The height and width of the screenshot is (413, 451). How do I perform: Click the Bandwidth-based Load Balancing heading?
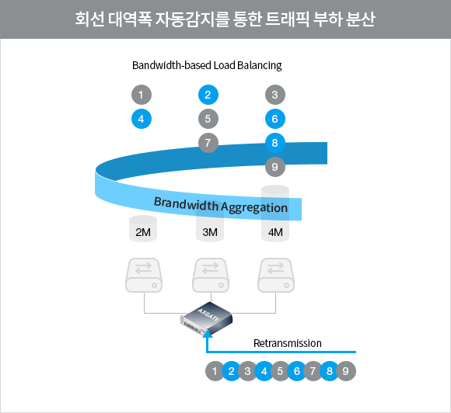click(207, 65)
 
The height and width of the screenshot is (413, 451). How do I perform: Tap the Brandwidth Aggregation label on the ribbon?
click(221, 206)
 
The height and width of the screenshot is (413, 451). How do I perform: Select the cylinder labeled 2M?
click(143, 228)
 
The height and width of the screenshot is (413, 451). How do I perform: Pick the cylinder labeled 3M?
click(210, 221)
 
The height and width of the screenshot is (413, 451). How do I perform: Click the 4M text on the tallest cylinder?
click(275, 232)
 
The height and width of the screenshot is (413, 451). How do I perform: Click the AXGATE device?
click(206, 318)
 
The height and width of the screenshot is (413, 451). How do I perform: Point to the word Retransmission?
click(288, 343)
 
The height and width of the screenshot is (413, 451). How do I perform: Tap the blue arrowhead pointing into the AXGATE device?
click(208, 334)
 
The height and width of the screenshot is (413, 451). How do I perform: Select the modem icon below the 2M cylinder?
click(144, 275)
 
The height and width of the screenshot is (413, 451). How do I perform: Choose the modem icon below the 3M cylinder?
click(211, 275)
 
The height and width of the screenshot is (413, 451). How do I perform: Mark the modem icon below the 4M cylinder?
click(276, 275)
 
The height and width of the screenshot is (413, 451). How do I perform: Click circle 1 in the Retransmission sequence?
click(215, 371)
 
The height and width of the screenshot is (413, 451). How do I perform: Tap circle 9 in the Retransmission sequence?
click(346, 371)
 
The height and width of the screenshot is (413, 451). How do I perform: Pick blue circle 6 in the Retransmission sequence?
click(297, 371)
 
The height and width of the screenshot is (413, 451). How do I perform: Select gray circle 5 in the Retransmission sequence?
click(280, 371)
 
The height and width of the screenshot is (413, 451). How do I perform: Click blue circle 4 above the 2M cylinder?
click(142, 119)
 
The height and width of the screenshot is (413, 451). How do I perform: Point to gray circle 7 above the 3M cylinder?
click(208, 143)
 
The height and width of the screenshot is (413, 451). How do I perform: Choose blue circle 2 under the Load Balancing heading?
click(208, 95)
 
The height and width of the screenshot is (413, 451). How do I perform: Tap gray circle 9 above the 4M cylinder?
click(275, 167)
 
